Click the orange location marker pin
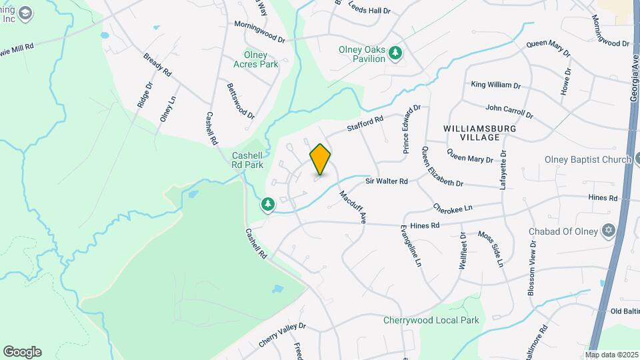tap(320, 159)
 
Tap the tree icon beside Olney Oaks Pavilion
tap(395, 53)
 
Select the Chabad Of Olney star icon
tap(607, 231)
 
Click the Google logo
tap(22, 352)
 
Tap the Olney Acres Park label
tap(255, 60)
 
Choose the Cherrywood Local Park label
tap(431, 320)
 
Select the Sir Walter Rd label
tap(386, 181)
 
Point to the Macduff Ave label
tap(353, 207)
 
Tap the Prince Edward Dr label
tap(411, 129)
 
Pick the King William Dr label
tap(495, 85)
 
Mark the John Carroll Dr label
tap(511, 107)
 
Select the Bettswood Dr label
tap(241, 101)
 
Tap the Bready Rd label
tap(157, 64)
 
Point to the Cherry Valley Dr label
tap(282, 335)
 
